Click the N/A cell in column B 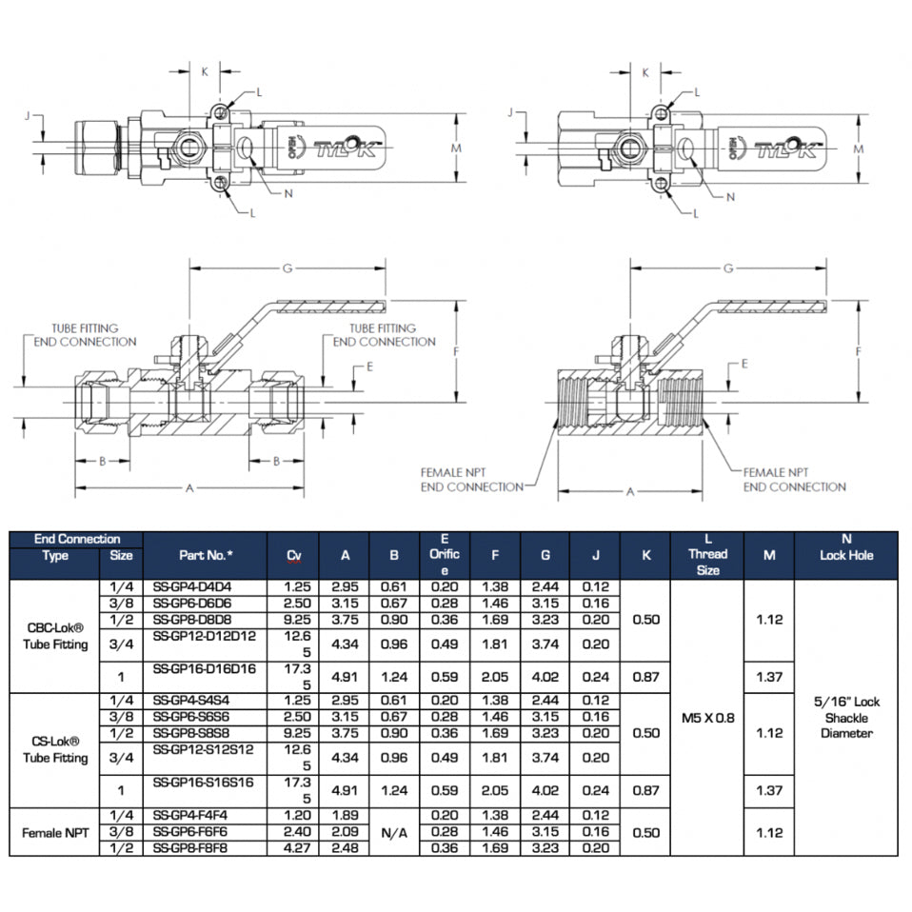pyautogui.click(x=394, y=831)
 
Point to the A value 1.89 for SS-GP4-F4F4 pyautogui.click(x=345, y=815)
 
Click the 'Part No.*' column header pyautogui.click(x=205, y=555)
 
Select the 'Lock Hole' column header pyautogui.click(x=845, y=555)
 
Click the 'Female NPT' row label pyautogui.click(x=55, y=831)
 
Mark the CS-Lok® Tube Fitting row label pyautogui.click(x=55, y=749)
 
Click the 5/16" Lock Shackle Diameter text pyautogui.click(x=845, y=717)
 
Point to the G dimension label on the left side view pyautogui.click(x=286, y=269)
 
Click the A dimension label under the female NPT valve pyautogui.click(x=629, y=492)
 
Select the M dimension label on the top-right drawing pyautogui.click(x=858, y=149)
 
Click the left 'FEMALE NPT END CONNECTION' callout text pyautogui.click(x=472, y=479)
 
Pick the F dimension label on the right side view pyautogui.click(x=860, y=351)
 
